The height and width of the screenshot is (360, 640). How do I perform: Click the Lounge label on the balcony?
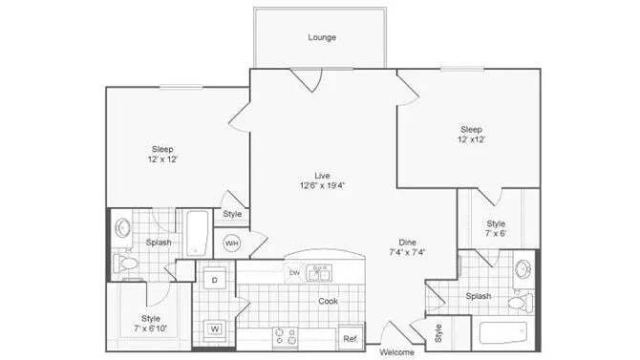(322, 38)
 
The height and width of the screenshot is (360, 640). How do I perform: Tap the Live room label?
(322, 175)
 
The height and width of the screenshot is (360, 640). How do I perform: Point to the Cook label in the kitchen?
(330, 301)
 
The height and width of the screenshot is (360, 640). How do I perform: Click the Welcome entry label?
(397, 352)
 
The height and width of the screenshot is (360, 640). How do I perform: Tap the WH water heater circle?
(231, 244)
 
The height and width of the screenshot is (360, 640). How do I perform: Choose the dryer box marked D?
(214, 280)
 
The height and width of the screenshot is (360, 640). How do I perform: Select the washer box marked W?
(214, 330)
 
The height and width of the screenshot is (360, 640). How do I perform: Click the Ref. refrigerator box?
(350, 338)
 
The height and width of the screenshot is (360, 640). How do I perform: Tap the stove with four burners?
(286, 336)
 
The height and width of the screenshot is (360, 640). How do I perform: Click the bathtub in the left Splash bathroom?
(198, 232)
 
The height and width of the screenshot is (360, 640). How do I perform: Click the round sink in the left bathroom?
(122, 229)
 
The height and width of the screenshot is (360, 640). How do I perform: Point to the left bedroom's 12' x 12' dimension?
(162, 159)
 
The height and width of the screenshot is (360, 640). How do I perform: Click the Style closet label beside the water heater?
(232, 214)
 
